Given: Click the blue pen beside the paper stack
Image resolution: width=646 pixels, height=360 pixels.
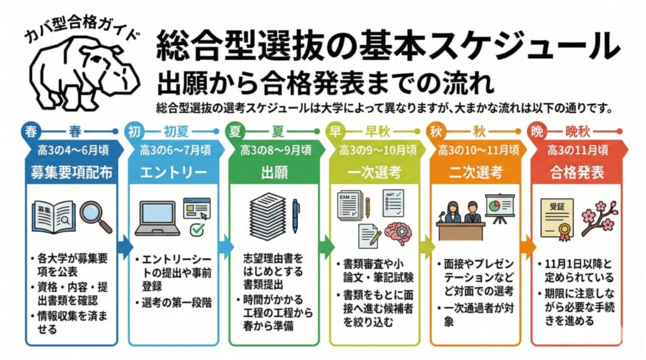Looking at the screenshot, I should click(x=295, y=216).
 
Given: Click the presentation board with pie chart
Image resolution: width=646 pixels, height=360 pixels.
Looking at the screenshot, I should click(x=500, y=206).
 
